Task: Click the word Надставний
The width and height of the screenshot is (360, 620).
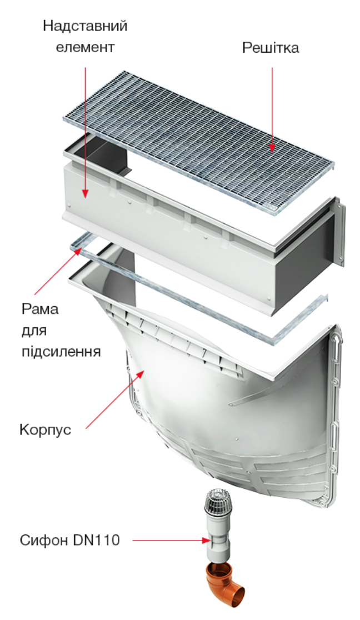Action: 85,27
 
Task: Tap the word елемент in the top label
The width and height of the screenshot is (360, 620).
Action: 85,47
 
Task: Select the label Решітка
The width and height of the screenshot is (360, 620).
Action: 271,48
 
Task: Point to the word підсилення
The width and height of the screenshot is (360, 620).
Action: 61,351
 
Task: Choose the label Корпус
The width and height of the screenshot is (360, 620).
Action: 46,429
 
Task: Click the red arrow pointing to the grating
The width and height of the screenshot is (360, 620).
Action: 272,109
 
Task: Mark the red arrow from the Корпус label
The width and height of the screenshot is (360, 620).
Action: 114,399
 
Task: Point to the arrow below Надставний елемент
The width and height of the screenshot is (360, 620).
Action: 85,132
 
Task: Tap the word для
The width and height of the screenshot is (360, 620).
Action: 34,331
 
